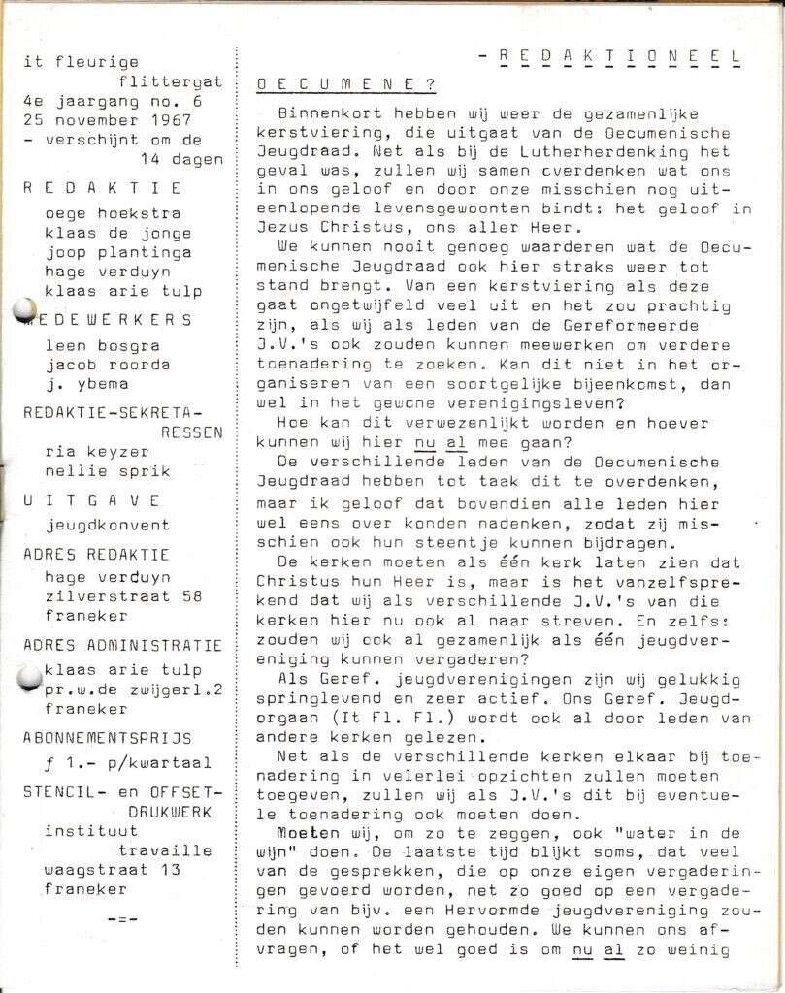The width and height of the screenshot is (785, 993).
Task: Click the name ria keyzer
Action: click(x=92, y=451)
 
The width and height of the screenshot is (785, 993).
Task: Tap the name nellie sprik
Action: click(x=102, y=470)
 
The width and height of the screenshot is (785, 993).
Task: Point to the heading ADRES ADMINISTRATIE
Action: click(x=122, y=645)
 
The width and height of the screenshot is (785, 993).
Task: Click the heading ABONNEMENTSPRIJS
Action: click(x=107, y=737)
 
